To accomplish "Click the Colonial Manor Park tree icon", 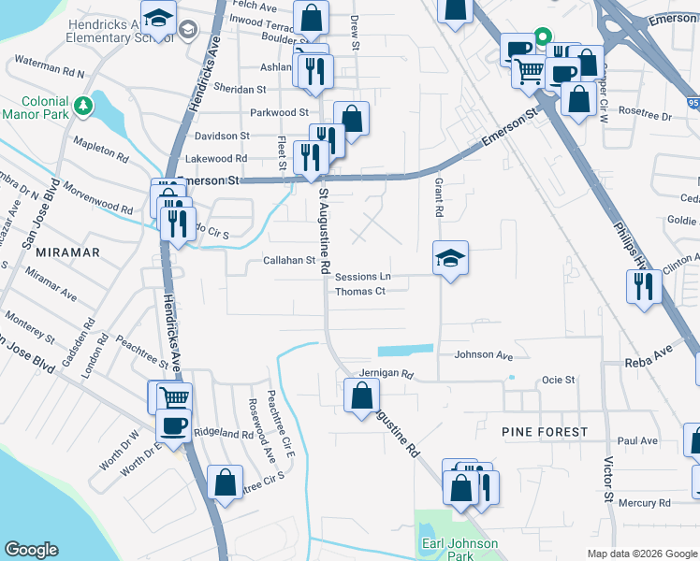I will tap(85, 105).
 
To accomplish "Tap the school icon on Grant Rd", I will tap(450, 258).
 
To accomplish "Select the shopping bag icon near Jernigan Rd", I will tap(361, 395).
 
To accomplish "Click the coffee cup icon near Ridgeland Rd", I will tap(172, 426).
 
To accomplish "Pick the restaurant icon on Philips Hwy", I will tap(644, 287).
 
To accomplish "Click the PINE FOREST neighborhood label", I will tap(545, 432).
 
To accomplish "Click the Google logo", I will tap(33, 550).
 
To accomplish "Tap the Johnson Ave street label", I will tap(484, 355).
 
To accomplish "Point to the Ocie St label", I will tap(558, 380).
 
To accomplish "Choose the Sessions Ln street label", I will tap(362, 277).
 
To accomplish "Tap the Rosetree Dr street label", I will tap(646, 117).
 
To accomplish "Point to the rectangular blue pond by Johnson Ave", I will tap(405, 350).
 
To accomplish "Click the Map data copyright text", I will tap(641, 553).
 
